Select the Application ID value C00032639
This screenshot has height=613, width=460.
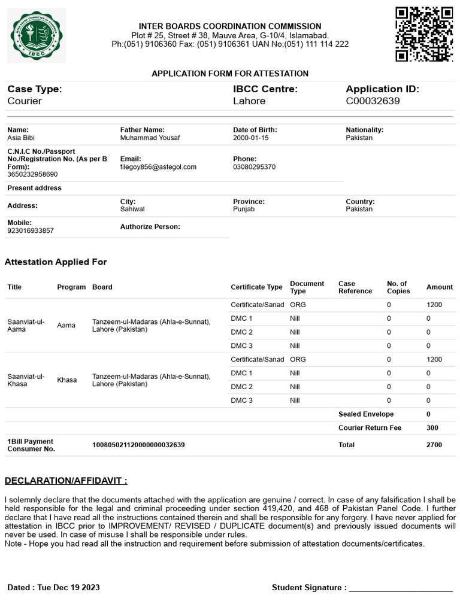[373, 101]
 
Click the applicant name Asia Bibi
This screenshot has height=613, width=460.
[21, 138]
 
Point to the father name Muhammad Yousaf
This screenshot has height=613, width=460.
[150, 138]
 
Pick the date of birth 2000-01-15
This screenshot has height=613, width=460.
[251, 138]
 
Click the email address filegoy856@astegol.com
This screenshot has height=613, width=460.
[158, 167]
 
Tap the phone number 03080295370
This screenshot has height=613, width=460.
[254, 167]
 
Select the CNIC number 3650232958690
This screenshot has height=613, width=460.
[32, 174]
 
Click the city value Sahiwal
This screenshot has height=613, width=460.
[132, 209]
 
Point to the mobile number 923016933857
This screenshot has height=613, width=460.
[30, 230]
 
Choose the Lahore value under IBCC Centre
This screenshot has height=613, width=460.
[249, 101]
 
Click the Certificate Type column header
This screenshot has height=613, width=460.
[256, 287]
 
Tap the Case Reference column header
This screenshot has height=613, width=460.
[355, 287]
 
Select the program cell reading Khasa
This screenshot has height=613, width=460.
[67, 380]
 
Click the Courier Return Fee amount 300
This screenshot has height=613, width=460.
[431, 428]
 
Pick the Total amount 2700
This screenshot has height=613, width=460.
[434, 445]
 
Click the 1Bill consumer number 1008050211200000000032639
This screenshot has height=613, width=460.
[138, 445]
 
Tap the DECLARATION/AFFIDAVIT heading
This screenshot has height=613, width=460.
[66, 481]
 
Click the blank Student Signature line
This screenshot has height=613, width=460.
[401, 589]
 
